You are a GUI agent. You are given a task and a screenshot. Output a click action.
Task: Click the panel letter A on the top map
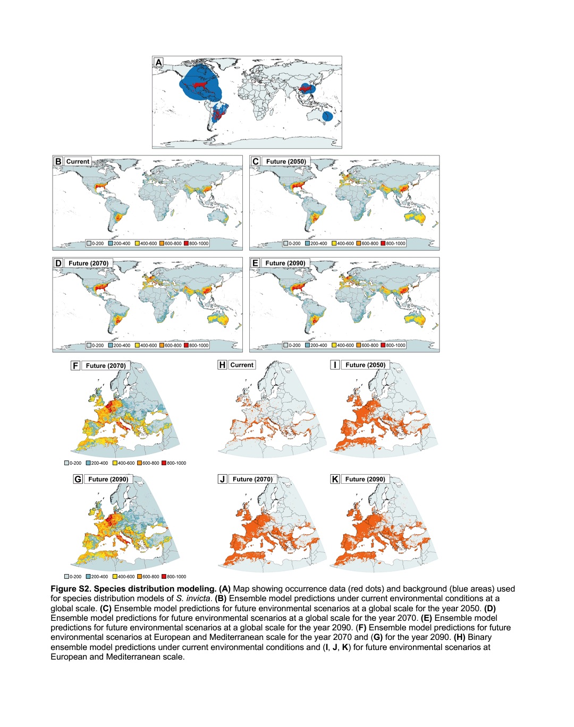click(158, 63)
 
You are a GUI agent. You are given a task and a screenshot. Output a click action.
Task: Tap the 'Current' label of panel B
click(78, 161)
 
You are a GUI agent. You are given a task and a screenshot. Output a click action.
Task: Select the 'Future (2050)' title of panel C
click(286, 161)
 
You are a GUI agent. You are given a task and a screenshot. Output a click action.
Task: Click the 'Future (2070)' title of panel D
click(88, 263)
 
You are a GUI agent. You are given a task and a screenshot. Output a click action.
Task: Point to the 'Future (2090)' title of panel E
click(285, 263)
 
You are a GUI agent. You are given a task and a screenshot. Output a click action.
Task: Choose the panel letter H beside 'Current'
click(222, 365)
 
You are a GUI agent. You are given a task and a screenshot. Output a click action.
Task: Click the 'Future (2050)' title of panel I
click(365, 365)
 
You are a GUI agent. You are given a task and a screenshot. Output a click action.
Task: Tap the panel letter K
click(335, 479)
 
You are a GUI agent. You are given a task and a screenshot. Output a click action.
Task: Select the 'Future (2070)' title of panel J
click(252, 479)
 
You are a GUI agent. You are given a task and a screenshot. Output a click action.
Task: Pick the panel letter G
click(78, 479)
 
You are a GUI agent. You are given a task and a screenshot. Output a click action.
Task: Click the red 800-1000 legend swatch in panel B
click(187, 243)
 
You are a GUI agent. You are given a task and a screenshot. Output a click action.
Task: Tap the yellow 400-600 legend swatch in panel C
click(334, 243)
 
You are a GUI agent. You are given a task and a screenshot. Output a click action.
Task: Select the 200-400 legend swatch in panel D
click(111, 345)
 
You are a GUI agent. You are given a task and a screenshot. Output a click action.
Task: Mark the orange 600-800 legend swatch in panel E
click(359, 345)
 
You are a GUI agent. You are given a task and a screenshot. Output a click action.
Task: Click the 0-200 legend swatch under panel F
click(66, 463)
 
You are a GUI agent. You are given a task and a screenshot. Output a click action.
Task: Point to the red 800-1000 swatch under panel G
click(164, 577)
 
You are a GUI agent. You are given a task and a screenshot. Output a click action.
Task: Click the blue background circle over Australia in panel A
click(328, 115)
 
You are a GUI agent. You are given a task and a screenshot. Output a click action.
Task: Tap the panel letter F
click(75, 365)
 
